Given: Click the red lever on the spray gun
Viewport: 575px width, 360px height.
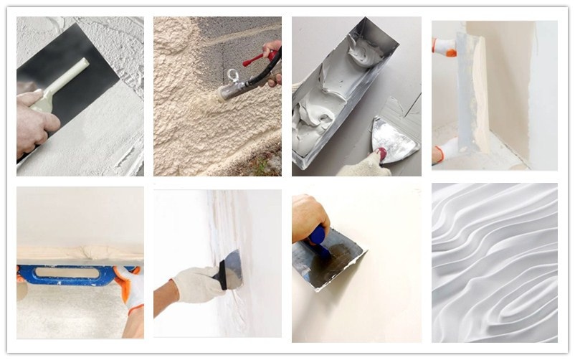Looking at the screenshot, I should [x=256, y=57].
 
